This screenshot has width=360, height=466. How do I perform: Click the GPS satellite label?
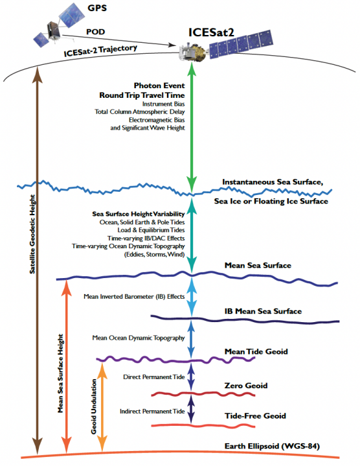point(97,8)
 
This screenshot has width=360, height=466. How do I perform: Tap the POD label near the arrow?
point(96,32)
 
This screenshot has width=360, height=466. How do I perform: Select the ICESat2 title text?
point(211,32)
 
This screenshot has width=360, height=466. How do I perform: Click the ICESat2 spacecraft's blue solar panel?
point(241,43)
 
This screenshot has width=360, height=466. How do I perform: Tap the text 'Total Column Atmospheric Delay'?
point(139,112)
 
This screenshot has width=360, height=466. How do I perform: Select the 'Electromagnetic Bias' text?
point(157,120)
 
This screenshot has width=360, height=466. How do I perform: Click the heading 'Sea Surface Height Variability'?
point(139,214)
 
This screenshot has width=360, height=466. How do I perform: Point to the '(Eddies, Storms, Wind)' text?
point(154,255)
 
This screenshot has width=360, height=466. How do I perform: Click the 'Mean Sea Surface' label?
point(258,265)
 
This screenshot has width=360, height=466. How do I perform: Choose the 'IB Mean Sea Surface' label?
point(263,312)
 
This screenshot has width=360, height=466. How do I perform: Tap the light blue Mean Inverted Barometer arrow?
point(192,297)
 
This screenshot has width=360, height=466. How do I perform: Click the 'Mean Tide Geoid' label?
point(256,351)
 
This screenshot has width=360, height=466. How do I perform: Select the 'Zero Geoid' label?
point(246,386)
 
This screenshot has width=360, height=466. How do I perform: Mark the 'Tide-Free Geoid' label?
point(255,416)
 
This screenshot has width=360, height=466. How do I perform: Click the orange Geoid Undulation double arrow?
point(102,407)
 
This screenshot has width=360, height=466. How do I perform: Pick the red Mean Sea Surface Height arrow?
point(67,366)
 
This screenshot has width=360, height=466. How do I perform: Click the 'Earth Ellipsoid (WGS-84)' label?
point(272,447)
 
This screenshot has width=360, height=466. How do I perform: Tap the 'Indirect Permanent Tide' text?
point(152,412)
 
